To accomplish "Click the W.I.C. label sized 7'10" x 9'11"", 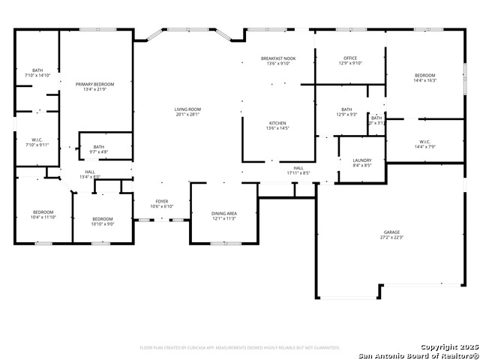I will click(37, 141).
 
